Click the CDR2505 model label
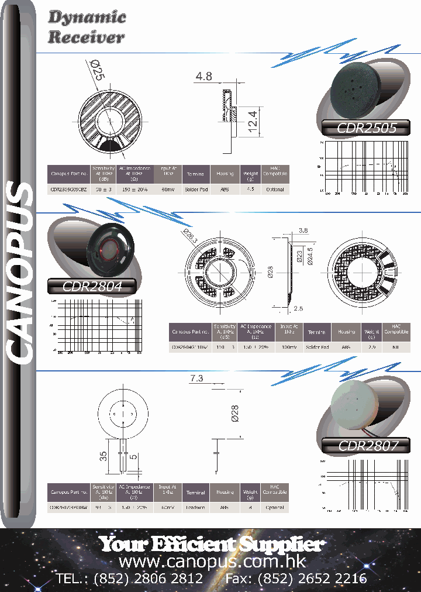click(367, 128)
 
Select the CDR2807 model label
click(368, 445)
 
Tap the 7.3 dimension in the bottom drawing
click(196, 378)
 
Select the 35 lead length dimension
click(103, 457)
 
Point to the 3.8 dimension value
click(303, 230)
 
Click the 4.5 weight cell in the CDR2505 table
click(250, 190)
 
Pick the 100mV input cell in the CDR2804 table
click(288, 347)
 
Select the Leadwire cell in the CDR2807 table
click(195, 507)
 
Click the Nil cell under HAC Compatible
click(396, 347)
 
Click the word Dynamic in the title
click(87, 18)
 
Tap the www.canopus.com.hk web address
click(212, 562)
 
